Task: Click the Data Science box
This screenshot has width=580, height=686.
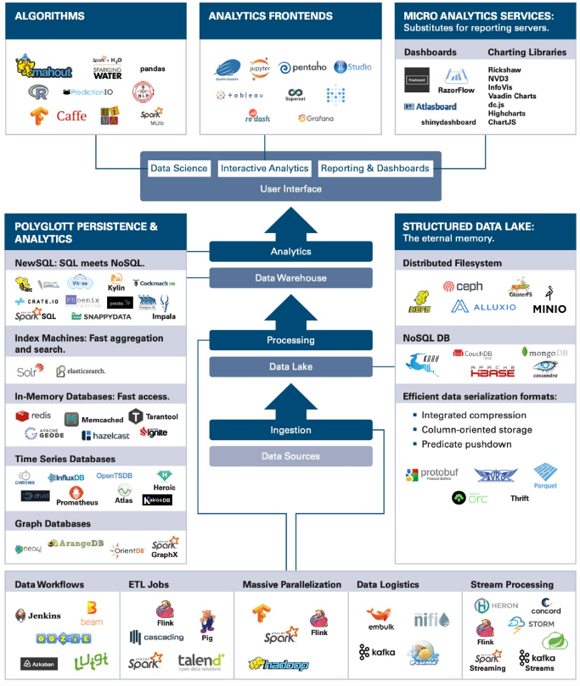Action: (178, 168)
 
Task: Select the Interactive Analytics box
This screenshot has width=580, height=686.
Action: (264, 168)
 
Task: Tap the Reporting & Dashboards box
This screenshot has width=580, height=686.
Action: (374, 168)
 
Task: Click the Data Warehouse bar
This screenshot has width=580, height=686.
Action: (290, 278)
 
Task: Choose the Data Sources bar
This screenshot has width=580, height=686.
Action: (290, 456)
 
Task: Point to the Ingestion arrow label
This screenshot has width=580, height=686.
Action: (290, 430)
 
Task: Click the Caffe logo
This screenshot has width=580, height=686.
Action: (71, 116)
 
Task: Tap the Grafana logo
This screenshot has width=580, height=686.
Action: (315, 118)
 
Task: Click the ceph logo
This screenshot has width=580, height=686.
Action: (463, 287)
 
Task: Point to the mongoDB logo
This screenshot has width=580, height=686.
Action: (544, 352)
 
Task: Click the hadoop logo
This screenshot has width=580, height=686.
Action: (278, 664)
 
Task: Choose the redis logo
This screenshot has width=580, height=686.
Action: (34, 416)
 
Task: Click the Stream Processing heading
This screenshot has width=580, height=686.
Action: (511, 584)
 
